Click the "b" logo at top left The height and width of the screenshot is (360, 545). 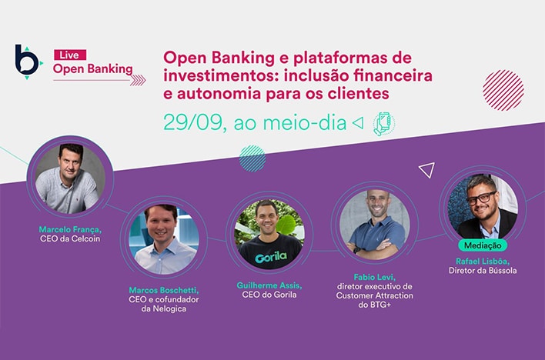click(x=28, y=62)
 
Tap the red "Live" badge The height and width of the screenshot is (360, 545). click(x=69, y=55)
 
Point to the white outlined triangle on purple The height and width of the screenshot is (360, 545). click(x=427, y=170)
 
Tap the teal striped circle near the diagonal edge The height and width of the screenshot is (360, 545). click(x=252, y=158)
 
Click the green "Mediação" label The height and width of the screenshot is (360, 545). click(x=483, y=245)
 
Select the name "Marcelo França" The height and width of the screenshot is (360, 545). click(x=69, y=229)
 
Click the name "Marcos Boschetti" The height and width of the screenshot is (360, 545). click(x=163, y=290)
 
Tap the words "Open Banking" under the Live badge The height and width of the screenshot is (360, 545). click(x=92, y=69)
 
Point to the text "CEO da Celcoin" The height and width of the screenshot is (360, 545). click(x=69, y=239)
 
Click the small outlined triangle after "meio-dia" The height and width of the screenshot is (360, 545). click(x=357, y=123)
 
